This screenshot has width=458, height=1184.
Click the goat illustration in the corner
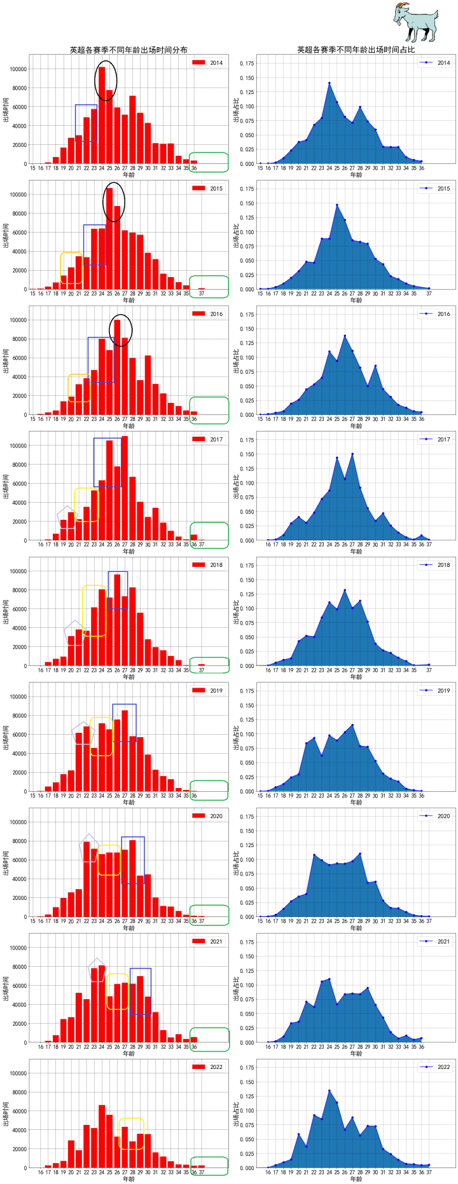[415, 23]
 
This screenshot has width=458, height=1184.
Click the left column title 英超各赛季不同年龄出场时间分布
[128, 50]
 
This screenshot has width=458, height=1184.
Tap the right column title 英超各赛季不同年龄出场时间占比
[356, 50]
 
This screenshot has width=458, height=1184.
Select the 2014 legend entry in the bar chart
[208, 63]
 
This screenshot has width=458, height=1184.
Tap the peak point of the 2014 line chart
[330, 83]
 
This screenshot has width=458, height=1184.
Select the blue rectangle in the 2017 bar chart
[108, 462]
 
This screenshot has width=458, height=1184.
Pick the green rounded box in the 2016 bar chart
[209, 410]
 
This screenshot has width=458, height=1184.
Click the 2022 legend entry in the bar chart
[208, 1067]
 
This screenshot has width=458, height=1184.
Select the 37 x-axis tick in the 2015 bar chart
[202, 294]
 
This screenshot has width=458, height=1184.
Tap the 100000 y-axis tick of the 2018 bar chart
[15, 571]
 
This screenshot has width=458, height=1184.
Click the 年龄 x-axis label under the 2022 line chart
[356, 1179]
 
